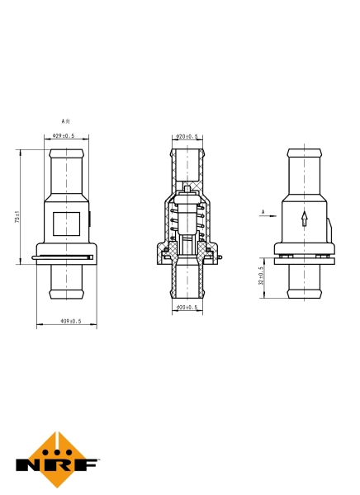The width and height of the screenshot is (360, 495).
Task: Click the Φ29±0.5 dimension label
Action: (x=64, y=136)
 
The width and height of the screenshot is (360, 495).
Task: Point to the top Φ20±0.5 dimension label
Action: (x=188, y=136)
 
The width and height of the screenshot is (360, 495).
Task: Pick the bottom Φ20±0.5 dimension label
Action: (x=188, y=308)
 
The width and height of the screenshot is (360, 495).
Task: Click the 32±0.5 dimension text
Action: (x=261, y=276)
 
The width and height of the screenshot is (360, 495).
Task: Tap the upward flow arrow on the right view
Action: (x=305, y=219)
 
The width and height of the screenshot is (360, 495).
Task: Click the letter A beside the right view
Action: (x=263, y=213)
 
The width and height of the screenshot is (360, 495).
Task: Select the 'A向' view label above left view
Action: (x=65, y=120)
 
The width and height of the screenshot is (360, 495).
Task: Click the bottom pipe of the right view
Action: (x=304, y=282)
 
